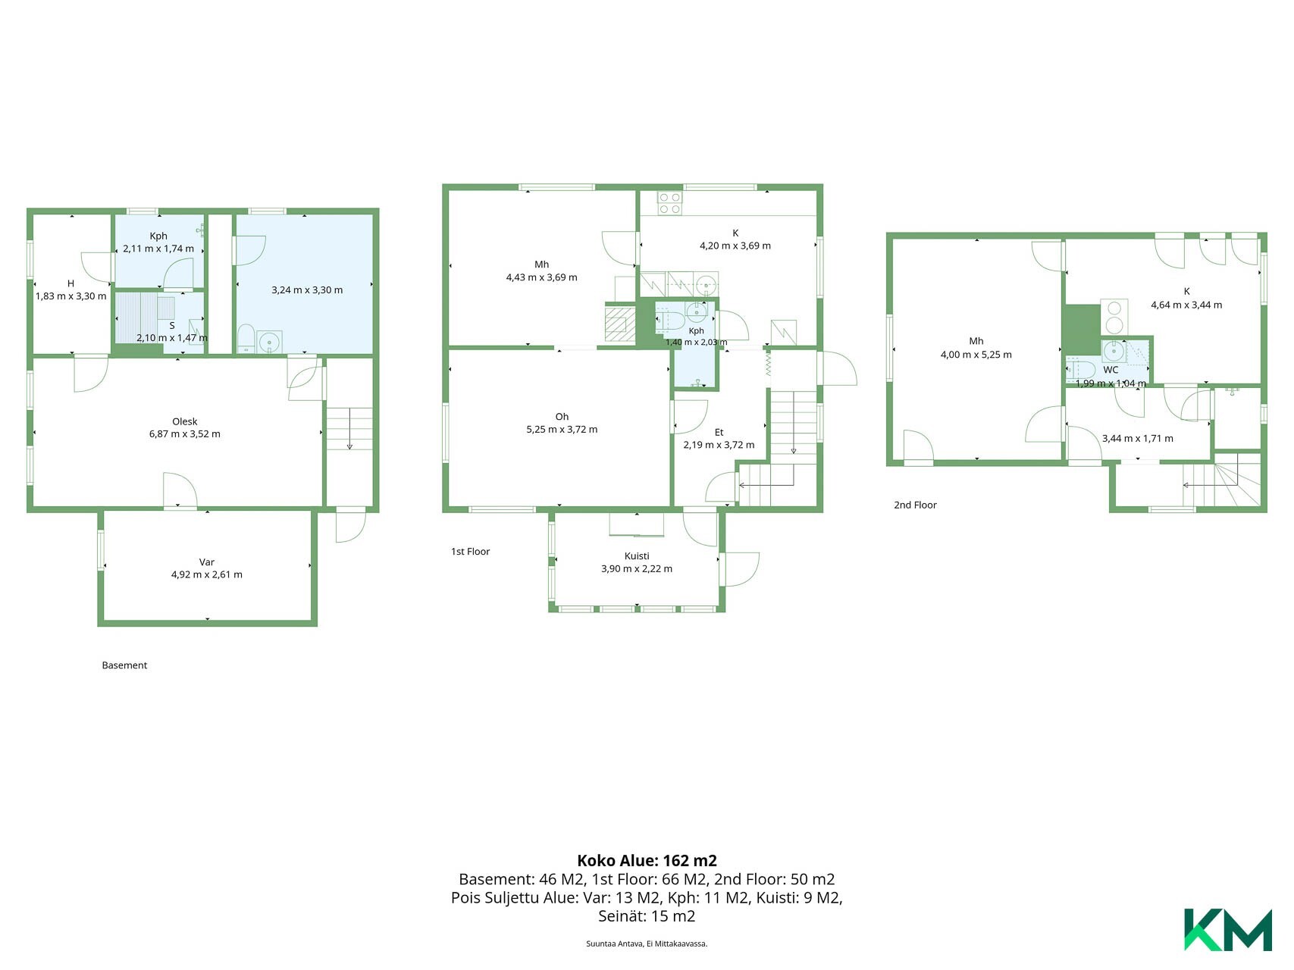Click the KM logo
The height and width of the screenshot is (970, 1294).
1228,929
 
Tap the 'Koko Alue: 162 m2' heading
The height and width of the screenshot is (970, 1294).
647,861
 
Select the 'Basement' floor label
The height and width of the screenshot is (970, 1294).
124,665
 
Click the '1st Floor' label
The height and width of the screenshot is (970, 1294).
470,552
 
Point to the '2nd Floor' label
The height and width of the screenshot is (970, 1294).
915,505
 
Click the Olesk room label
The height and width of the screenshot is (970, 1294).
185,421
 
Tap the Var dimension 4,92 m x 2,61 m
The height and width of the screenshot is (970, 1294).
207,574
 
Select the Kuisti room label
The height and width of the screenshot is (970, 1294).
637,556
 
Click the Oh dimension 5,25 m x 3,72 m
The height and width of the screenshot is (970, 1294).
562,430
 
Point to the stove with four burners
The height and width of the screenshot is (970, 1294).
669,202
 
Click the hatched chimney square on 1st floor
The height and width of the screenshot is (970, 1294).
620,324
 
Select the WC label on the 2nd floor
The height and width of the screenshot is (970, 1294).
1111,370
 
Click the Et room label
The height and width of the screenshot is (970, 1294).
719,433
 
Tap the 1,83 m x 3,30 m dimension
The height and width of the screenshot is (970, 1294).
70,296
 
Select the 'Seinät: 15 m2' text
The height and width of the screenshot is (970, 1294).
647,916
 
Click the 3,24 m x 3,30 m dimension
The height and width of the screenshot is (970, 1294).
307,290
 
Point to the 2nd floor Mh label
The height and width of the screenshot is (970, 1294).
976,341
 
